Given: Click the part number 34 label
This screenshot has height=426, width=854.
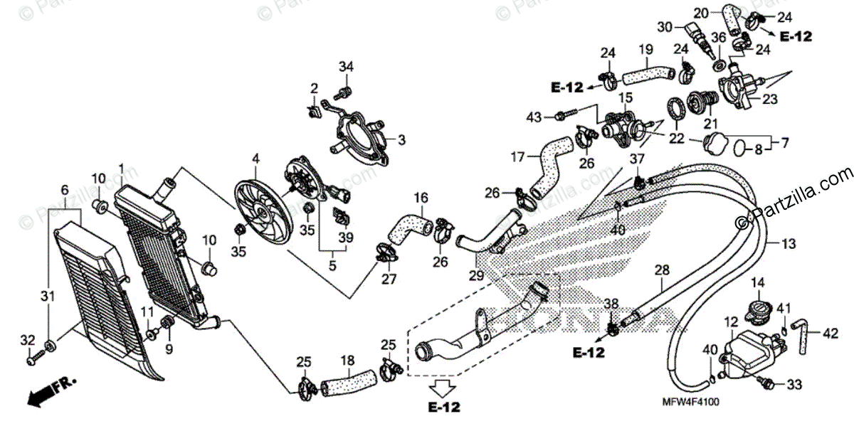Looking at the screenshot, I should tap(346, 67).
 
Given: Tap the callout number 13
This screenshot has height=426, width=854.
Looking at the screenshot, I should tap(788, 244).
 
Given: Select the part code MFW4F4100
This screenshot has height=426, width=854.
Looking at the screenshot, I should tap(692, 403).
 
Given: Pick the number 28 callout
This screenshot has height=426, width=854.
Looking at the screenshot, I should tap(662, 270).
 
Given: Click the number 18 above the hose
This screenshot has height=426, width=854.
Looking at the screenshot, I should tap(347, 361).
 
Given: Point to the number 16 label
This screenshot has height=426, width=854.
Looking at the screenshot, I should tap(421, 196).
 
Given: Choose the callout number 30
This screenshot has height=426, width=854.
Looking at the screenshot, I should tap(665, 28).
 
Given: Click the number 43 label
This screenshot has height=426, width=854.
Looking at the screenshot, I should tap(534, 116).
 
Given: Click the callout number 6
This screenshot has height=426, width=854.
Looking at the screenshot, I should tap(65, 191).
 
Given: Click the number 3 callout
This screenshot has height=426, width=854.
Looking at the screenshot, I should tap(401, 139).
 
